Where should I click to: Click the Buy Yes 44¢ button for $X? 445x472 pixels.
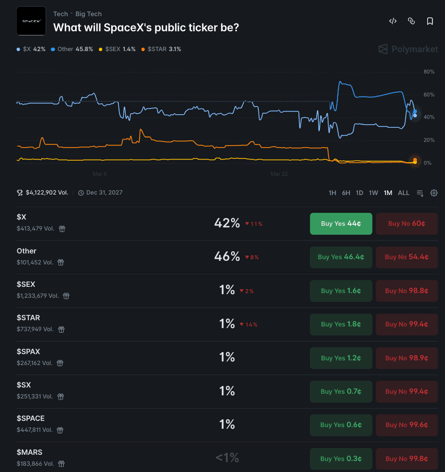[x=341, y=224]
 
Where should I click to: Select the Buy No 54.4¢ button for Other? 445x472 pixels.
[x=406, y=257]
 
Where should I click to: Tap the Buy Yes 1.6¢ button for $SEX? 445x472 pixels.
[x=341, y=291]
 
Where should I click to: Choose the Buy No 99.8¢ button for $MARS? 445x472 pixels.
[x=406, y=459]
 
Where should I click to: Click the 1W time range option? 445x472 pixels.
[x=374, y=193]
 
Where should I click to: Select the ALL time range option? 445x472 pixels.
[x=404, y=193]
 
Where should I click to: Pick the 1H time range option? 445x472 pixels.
[x=332, y=193]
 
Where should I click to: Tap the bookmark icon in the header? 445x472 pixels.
[x=430, y=21]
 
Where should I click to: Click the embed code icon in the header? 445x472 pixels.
[x=393, y=21]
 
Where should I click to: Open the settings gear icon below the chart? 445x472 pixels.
[x=434, y=193]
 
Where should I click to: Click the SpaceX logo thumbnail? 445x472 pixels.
[x=31, y=21]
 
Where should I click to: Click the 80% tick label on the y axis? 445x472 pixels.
[x=429, y=71]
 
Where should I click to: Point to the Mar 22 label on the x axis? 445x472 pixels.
[x=279, y=174]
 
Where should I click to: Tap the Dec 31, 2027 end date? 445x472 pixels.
[x=104, y=193]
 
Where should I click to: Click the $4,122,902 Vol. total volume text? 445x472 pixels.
[x=46, y=193]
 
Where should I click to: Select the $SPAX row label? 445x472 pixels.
[x=28, y=352]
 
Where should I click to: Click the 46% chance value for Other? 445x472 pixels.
[x=227, y=257]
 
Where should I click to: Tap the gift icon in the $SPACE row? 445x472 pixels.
[x=60, y=430]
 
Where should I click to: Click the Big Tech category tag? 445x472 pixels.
[x=89, y=14]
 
